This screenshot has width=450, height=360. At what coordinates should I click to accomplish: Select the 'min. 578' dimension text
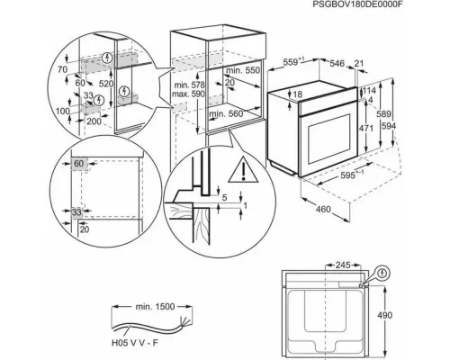(188, 84)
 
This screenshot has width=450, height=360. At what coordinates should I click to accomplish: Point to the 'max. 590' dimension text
(188, 93)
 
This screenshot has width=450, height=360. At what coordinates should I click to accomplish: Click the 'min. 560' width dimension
(225, 114)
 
